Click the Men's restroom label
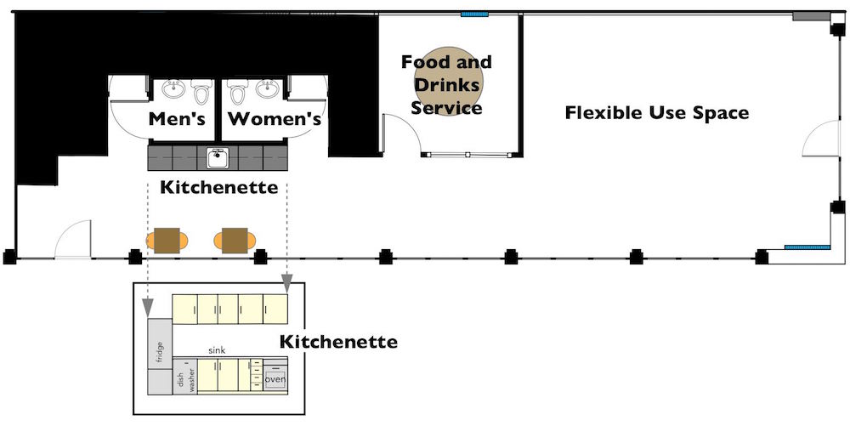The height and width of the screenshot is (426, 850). click(x=177, y=119)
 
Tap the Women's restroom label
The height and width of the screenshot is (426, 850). click(x=275, y=119)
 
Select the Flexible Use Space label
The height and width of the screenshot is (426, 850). click(x=657, y=113)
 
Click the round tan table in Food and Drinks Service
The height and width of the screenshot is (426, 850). click(x=448, y=81)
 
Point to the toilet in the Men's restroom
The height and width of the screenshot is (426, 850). click(x=202, y=91)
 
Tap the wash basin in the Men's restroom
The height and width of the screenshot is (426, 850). click(x=173, y=88)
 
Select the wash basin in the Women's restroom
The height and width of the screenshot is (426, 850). click(x=268, y=88)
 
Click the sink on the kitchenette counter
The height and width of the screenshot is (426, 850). click(x=218, y=157)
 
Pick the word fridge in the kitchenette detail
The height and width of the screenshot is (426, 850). click(x=160, y=354)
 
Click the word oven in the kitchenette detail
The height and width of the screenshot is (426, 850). click(x=275, y=379)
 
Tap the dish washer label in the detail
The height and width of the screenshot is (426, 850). click(x=184, y=378)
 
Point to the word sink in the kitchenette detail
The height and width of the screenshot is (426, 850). click(x=217, y=350)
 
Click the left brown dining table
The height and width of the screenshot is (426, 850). click(x=167, y=241)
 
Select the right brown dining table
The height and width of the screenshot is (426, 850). click(x=235, y=241)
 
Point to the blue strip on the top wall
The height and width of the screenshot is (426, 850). click(x=474, y=14)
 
